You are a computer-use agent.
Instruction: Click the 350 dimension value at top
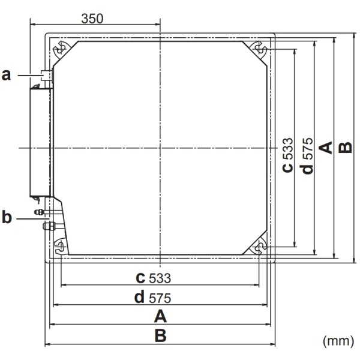pyautogui.click(x=92, y=19)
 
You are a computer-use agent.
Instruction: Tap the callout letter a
pyautogui.click(x=7, y=75)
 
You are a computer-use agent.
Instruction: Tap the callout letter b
pyautogui.click(x=7, y=218)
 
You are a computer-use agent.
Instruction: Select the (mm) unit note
pyautogui.click(x=339, y=341)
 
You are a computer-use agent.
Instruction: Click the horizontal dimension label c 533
pyautogui.click(x=153, y=278)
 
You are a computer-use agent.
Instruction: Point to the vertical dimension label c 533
pyautogui.click(x=289, y=155)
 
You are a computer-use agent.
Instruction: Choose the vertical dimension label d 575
pyautogui.click(x=308, y=155)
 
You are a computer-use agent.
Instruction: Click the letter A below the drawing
pyautogui.click(x=160, y=316)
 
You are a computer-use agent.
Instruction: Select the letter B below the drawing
pyautogui.click(x=160, y=335)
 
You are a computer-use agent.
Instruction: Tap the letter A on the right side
pyautogui.click(x=326, y=147)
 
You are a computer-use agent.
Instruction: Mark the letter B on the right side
pyautogui.click(x=346, y=147)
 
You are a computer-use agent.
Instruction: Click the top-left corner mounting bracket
pyautogui.click(x=61, y=49)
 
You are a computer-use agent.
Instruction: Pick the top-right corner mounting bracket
pyautogui.click(x=258, y=49)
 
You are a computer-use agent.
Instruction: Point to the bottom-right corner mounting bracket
pyautogui.click(x=258, y=246)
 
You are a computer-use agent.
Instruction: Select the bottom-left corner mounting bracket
pyautogui.click(x=61, y=246)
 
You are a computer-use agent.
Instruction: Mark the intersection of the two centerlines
pyautogui.click(x=160, y=148)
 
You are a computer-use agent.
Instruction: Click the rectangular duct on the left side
pyautogui.click(x=40, y=142)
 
